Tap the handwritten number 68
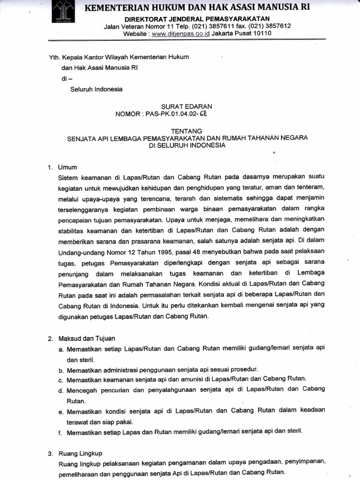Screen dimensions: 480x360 pyautogui.click(x=202, y=114)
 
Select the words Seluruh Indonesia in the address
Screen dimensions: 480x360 pyautogui.click(x=97, y=90)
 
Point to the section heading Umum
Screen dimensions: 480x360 pyautogui.click(x=67, y=167)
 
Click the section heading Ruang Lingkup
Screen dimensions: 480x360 pyautogui.click(x=80, y=453)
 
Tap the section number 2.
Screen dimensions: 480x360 pyautogui.click(x=51, y=338)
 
